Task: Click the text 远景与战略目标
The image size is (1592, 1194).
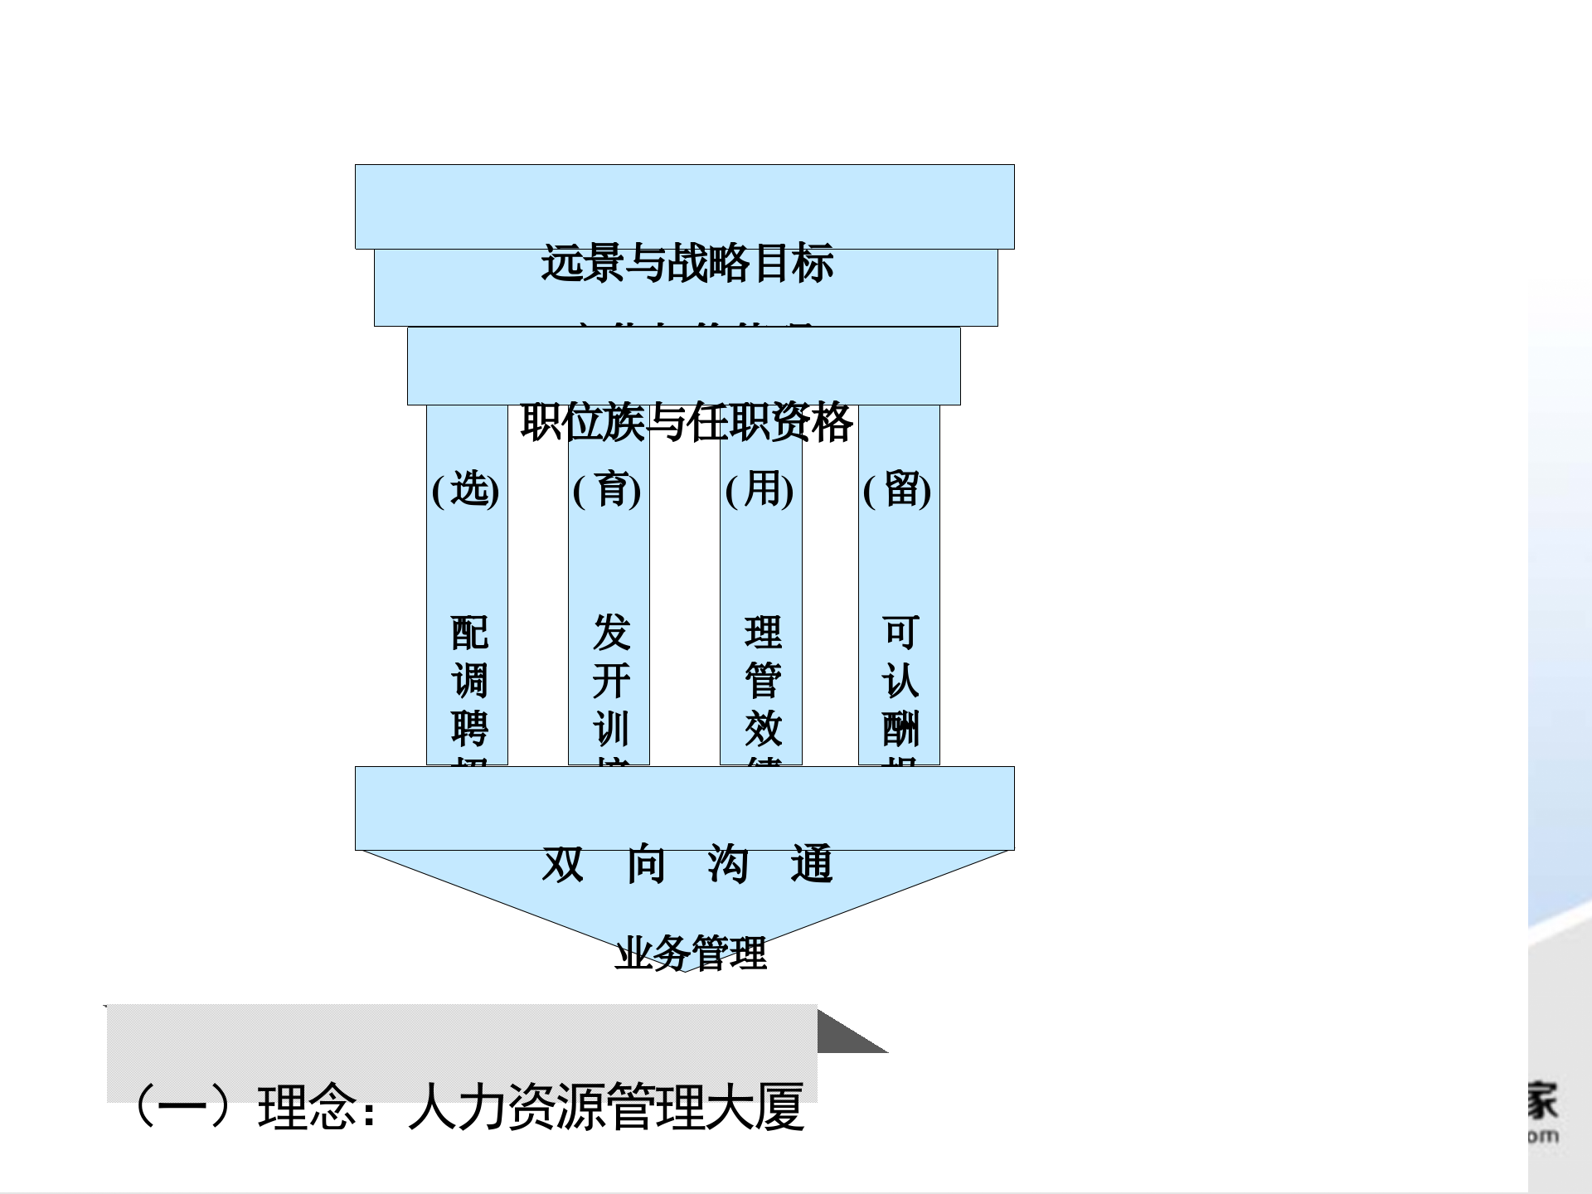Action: click(x=687, y=264)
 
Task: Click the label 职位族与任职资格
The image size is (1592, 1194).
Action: click(x=687, y=422)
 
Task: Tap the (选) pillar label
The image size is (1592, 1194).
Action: click(x=466, y=489)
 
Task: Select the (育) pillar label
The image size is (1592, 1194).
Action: click(x=607, y=489)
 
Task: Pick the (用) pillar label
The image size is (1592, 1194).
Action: click(x=760, y=489)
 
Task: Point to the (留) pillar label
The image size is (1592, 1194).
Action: click(x=897, y=489)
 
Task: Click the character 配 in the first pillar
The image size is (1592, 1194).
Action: click(x=469, y=633)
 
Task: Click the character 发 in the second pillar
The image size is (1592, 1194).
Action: click(x=612, y=633)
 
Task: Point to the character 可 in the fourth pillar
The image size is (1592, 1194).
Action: click(x=900, y=633)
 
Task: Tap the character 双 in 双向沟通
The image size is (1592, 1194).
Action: click(x=563, y=864)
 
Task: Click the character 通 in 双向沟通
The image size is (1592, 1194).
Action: click(x=811, y=864)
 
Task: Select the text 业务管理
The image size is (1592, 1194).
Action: click(x=691, y=953)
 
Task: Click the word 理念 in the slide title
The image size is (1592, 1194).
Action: click(x=307, y=1107)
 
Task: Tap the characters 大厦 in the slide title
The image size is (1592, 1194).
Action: click(x=755, y=1107)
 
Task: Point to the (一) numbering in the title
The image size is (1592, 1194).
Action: click(x=182, y=1107)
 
